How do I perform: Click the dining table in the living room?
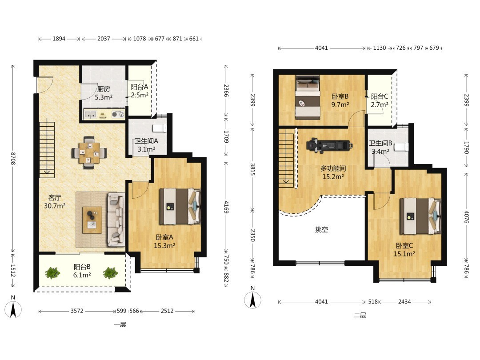[89, 152]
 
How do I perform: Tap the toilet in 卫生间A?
[160, 128]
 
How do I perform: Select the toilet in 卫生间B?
[401, 147]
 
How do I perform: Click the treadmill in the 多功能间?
[329, 145]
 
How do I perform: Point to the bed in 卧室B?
[308, 97]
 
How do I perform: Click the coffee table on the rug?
[92, 220]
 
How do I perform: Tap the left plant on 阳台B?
[52, 273]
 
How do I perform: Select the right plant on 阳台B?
[111, 273]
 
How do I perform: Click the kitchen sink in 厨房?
[90, 115]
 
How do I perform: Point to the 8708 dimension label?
[13, 159]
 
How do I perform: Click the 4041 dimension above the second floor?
[321, 48]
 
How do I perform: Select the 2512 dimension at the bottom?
[167, 311]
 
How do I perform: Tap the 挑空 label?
[321, 230]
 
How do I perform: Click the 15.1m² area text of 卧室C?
[404, 254]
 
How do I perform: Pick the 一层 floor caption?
[120, 325]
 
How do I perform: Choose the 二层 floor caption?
[360, 315]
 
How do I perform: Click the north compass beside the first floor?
[13, 307]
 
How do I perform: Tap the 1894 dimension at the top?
[59, 39]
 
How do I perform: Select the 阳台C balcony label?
[380, 97]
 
